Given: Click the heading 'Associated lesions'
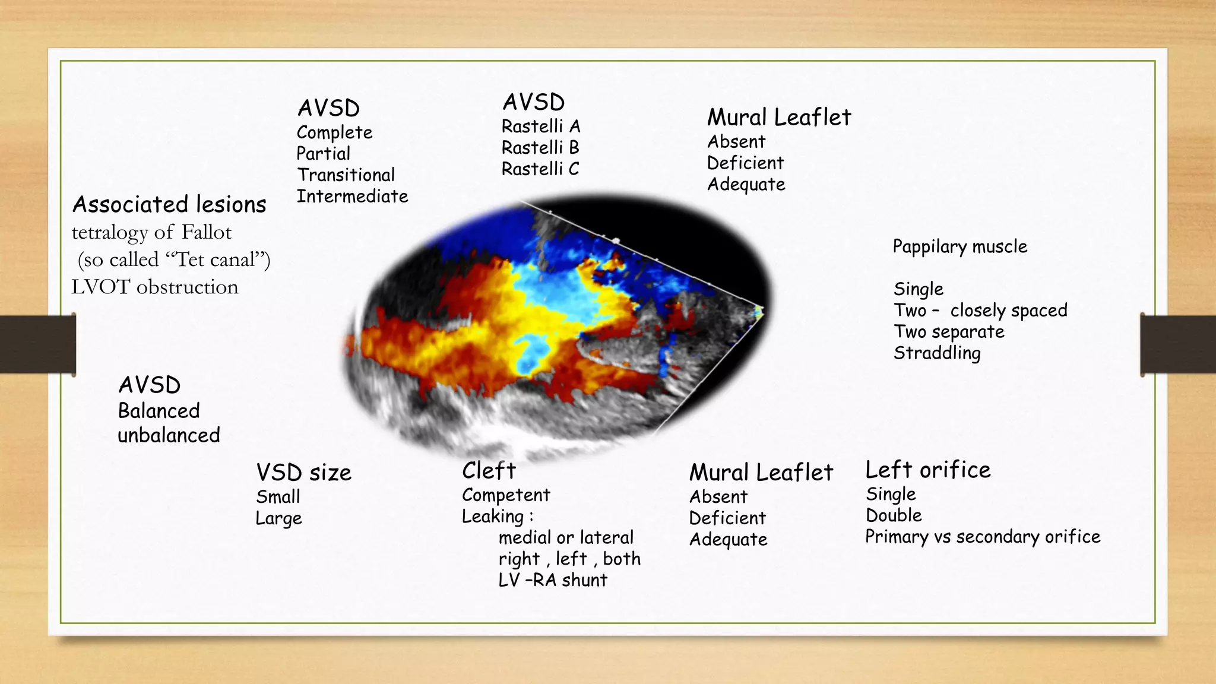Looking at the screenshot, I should point(169,205).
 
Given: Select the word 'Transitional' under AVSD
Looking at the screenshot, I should point(346,175).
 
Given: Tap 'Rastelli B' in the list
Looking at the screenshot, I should point(540,148).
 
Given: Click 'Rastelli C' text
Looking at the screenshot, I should point(540,169).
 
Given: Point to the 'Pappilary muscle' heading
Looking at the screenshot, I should point(959,247).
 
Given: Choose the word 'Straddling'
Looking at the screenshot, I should point(937,353).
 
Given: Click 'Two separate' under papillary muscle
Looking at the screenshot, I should point(949,332).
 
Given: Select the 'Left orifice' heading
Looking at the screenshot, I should point(928,470).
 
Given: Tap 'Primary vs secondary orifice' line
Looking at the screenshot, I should point(983,537).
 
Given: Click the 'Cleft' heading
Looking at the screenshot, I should point(489,471).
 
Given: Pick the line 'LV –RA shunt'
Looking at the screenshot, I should point(553,580).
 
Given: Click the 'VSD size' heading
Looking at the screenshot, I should point(303,473).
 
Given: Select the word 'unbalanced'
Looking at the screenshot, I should point(169,436).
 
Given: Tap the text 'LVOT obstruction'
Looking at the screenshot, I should point(155,287).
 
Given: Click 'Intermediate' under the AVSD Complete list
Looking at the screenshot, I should point(352,197).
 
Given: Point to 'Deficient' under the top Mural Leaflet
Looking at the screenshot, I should point(745,163).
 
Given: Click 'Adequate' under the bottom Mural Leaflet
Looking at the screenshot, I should point(728,540).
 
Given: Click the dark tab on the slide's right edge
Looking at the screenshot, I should point(1177,344).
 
